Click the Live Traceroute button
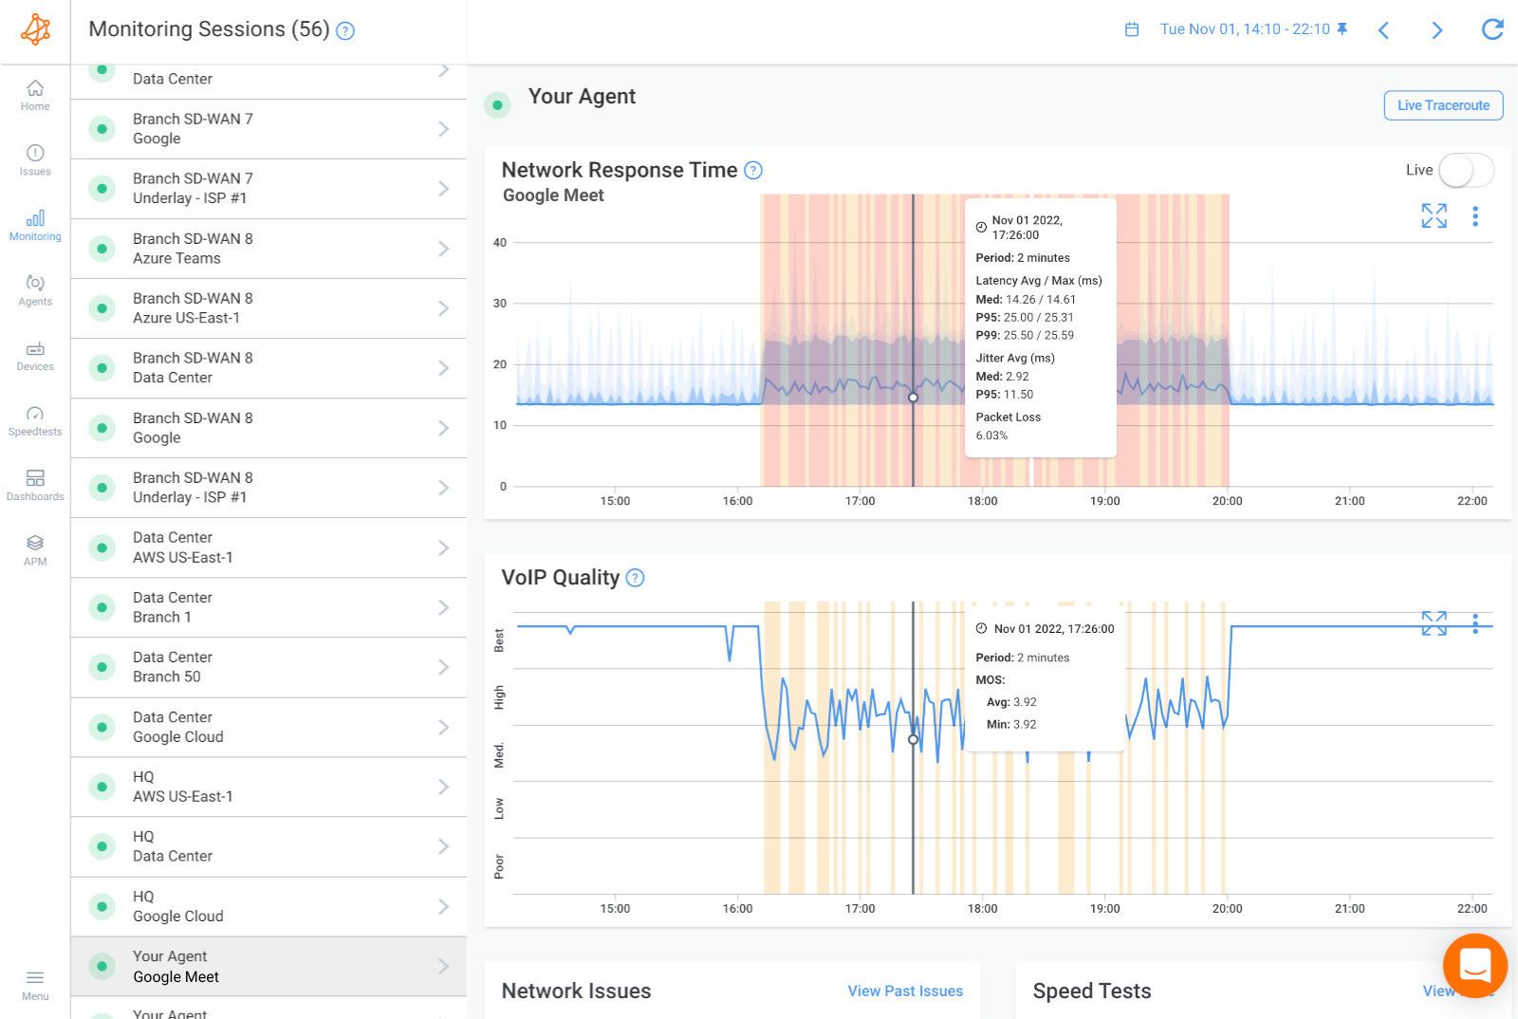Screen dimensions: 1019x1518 pos(1443,105)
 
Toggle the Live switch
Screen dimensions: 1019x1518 pos(1465,171)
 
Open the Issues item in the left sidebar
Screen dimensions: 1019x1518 pos(35,159)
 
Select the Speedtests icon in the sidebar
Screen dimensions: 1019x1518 pos(35,420)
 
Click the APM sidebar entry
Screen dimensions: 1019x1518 pos(35,549)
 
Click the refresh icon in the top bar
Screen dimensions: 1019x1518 pos(1492,29)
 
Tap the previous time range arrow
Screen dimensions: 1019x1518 pos(1383,30)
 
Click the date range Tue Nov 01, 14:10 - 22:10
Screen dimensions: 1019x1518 pos(1244,29)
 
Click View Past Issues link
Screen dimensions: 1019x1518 pos(904,991)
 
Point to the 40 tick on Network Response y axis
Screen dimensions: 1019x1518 pos(500,243)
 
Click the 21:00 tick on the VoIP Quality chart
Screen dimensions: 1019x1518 pos(1349,908)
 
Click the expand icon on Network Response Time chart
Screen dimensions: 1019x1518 pos(1434,216)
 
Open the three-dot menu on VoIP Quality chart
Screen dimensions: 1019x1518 pos(1474,623)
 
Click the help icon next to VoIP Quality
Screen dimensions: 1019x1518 pos(636,578)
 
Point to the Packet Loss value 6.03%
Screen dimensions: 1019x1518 pos(991,435)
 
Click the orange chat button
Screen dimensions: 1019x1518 pos(1474,966)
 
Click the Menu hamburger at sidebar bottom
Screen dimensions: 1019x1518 pos(35,983)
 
